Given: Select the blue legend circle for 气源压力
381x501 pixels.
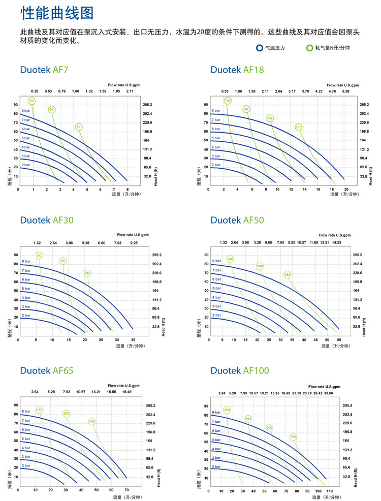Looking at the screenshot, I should point(260,48).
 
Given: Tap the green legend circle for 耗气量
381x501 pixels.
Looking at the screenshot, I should point(309,48).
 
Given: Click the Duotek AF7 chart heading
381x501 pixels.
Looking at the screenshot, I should point(44,70).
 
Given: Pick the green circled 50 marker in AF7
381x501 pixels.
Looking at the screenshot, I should point(78,127).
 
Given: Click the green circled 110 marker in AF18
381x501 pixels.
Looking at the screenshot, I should point(298,127).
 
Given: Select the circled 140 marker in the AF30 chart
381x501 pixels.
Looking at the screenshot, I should point(87,273).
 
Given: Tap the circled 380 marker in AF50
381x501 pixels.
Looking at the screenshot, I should point(288,275).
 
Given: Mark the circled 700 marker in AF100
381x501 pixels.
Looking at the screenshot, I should point(293,436).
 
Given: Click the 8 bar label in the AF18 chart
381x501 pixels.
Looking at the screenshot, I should point(216,110).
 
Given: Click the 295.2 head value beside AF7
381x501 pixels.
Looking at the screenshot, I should point(148,105).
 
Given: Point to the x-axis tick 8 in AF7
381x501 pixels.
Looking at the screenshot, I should point(127,188).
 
